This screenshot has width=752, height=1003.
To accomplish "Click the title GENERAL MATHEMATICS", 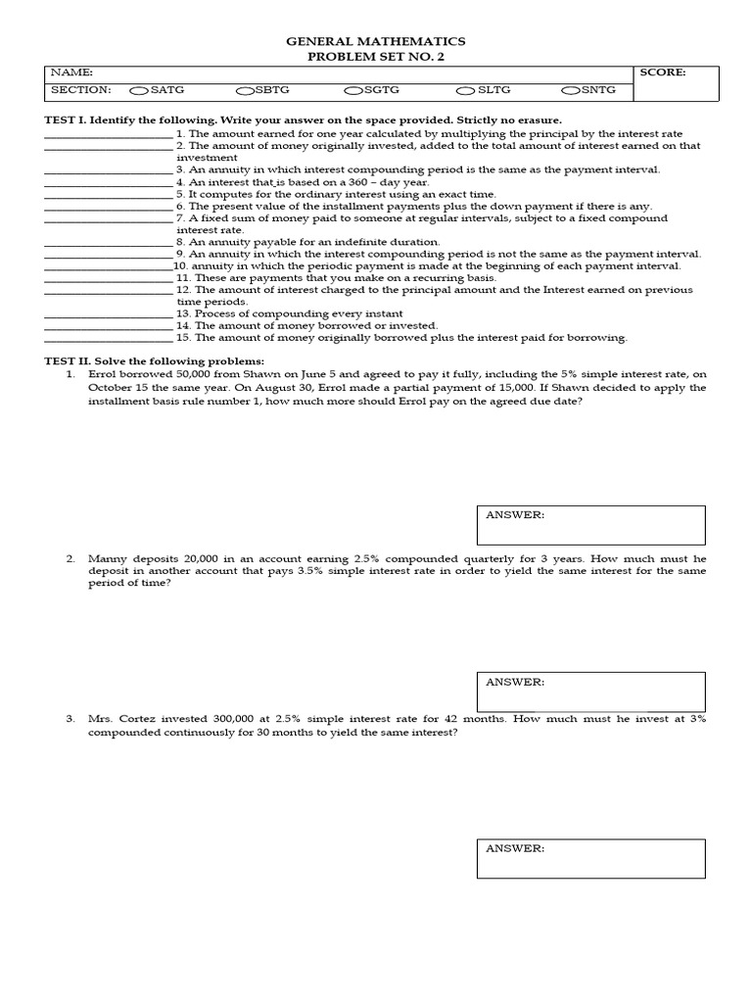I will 375,41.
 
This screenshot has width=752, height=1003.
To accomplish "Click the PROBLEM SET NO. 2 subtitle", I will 375,57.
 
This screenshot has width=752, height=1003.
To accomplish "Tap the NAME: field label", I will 71,72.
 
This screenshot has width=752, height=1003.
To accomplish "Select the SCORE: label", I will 663,72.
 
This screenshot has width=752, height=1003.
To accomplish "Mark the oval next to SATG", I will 139,91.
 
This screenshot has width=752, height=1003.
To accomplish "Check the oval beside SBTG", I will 245,91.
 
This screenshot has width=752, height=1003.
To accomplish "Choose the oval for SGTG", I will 353,91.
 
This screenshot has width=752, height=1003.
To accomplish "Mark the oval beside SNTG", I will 571,91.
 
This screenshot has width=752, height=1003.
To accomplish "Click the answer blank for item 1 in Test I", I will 109,136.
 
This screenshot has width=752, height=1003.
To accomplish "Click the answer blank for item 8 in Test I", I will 109,244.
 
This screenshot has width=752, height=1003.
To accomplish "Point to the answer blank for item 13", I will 109,315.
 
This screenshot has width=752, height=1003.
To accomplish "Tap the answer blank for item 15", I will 109,340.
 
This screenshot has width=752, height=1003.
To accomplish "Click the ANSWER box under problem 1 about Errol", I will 590,525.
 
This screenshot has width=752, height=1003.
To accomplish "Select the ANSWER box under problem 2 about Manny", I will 590,692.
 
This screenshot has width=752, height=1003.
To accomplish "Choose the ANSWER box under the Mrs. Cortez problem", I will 590,858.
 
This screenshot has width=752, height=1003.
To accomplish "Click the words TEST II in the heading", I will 70,361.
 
